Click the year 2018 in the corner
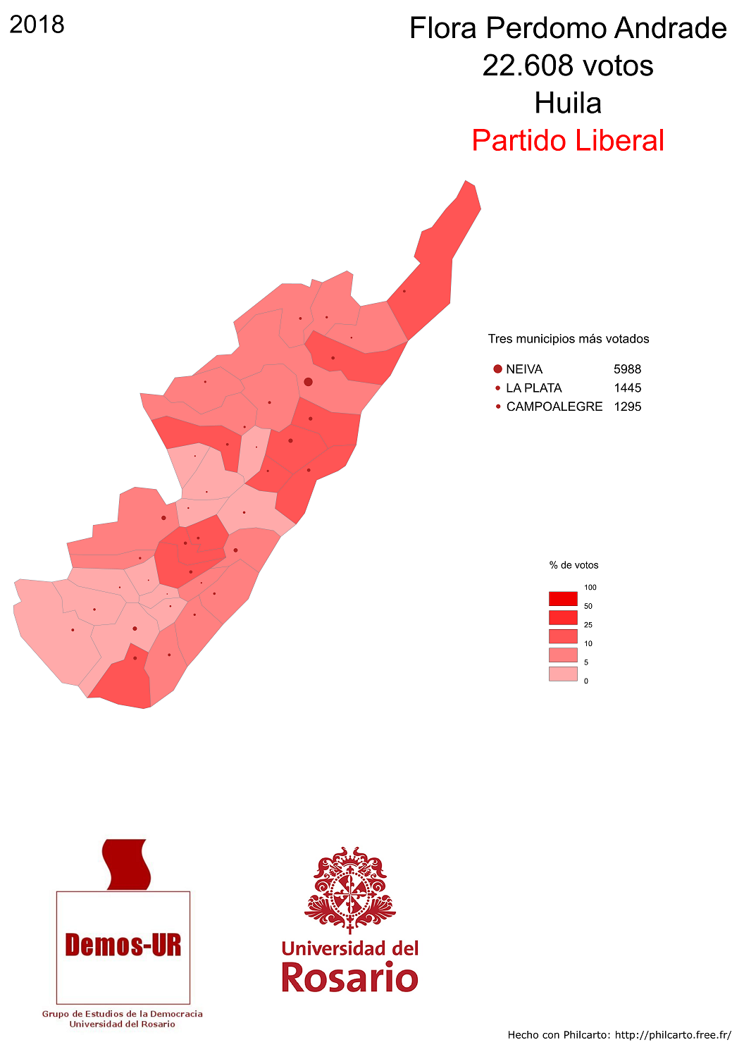(37, 25)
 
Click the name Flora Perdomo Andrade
(568, 29)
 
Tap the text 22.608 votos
(568, 66)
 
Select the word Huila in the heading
(568, 104)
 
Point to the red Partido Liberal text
(568, 141)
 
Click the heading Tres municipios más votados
(569, 339)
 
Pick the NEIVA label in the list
(524, 369)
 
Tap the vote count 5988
(627, 369)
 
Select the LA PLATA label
(534, 388)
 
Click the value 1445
(627, 388)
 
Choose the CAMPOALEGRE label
(554, 407)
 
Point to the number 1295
(627, 407)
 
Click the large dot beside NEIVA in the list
(497, 369)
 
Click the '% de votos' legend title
(573, 565)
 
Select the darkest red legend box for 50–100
(563, 599)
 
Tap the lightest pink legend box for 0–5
(563, 674)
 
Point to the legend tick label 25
(588, 625)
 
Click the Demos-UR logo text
(123, 945)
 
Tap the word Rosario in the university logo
(349, 978)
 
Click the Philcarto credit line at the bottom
(619, 1035)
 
